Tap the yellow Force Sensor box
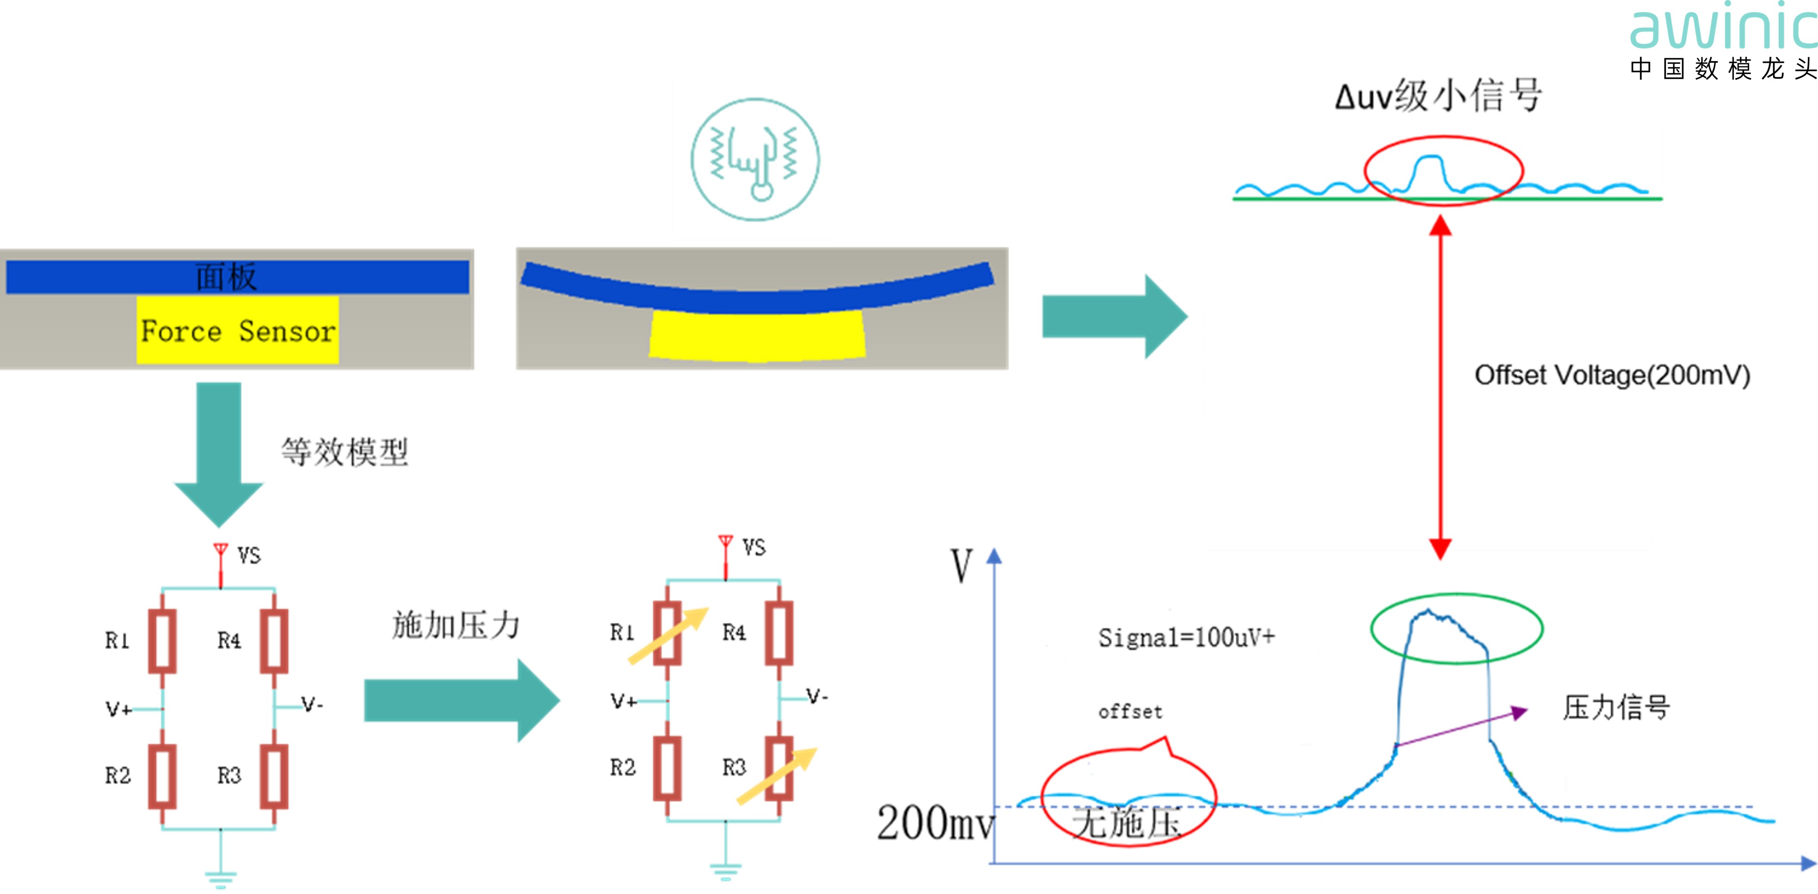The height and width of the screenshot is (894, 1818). [238, 330]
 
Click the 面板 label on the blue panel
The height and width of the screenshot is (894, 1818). [226, 277]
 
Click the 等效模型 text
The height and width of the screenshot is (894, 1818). [345, 452]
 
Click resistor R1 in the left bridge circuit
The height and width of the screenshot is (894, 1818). [162, 640]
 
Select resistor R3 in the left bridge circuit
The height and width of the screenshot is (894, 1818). [274, 775]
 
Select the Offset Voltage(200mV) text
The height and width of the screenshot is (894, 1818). [1612, 375]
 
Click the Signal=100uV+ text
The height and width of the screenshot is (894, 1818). [1186, 638]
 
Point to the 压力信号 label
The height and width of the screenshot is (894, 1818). [1615, 707]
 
